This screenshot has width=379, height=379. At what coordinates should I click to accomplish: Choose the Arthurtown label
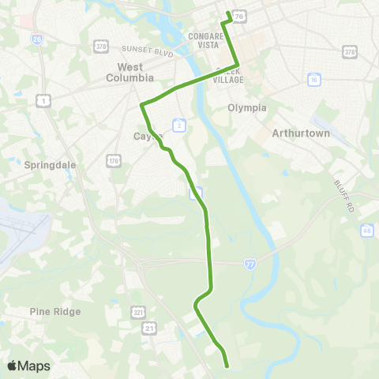tap(299, 133)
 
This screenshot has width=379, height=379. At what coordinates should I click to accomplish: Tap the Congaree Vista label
tap(208, 41)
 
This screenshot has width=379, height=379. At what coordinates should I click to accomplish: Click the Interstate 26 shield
tap(37, 38)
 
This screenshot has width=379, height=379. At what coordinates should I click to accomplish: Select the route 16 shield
tap(314, 81)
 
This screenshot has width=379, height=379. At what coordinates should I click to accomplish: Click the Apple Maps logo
tap(28, 366)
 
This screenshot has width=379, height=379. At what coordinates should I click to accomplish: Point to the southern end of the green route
tap(227, 366)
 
